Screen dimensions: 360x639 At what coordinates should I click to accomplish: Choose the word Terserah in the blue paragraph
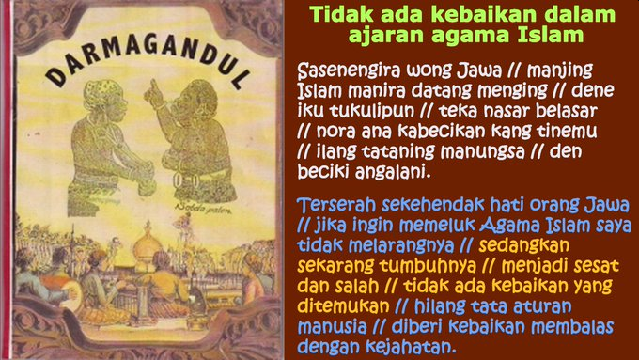pyautogui.click(x=335, y=209)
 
